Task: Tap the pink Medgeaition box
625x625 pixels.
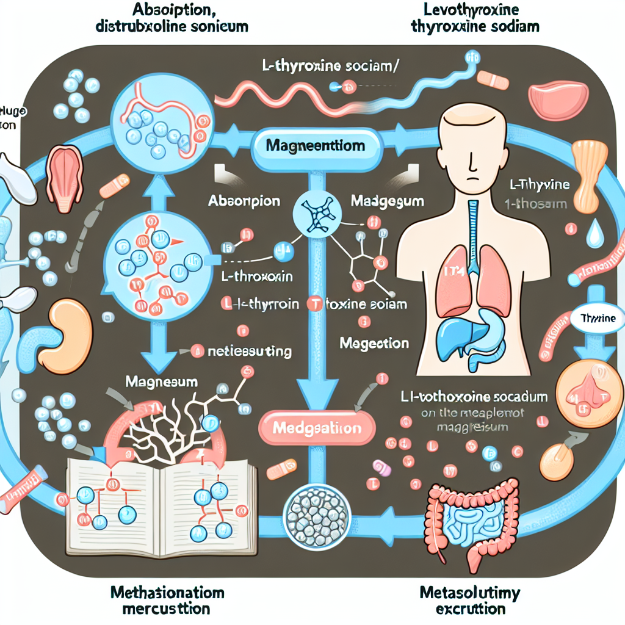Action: (x=316, y=428)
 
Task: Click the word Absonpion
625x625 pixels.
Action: (x=244, y=201)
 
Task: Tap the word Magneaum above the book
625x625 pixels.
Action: (x=161, y=382)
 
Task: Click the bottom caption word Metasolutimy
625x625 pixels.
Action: (x=471, y=593)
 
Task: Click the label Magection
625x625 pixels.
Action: (x=374, y=343)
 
